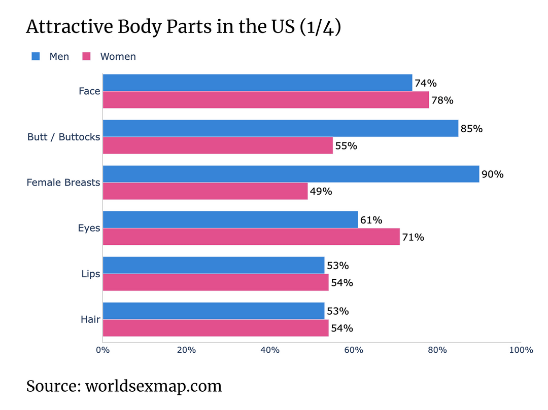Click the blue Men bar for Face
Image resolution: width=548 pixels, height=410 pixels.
click(257, 83)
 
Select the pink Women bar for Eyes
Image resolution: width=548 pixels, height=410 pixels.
click(251, 237)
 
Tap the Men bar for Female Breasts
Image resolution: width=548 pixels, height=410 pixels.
click(291, 174)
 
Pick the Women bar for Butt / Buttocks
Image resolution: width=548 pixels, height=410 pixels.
click(218, 145)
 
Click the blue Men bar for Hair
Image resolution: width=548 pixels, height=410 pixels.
click(213, 311)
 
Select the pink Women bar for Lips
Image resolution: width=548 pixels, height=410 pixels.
click(215, 282)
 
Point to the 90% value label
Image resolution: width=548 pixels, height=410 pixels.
click(492, 174)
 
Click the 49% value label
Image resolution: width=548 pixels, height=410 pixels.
click(321, 192)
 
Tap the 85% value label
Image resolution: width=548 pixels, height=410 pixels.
click(471, 129)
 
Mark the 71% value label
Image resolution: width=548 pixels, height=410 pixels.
click(413, 237)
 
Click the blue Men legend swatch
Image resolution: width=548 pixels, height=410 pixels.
click(36, 56)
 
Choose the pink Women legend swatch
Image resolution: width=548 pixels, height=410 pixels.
click(86, 56)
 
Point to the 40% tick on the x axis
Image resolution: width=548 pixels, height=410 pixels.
click(270, 350)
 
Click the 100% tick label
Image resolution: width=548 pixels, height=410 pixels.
click(521, 350)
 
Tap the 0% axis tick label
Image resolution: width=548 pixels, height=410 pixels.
click(103, 350)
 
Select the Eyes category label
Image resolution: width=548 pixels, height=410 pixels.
click(89, 228)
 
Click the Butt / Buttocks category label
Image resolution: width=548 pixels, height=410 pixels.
click(63, 137)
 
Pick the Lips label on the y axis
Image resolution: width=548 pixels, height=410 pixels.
click(90, 274)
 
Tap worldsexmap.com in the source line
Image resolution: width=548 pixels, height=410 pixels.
click(153, 386)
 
